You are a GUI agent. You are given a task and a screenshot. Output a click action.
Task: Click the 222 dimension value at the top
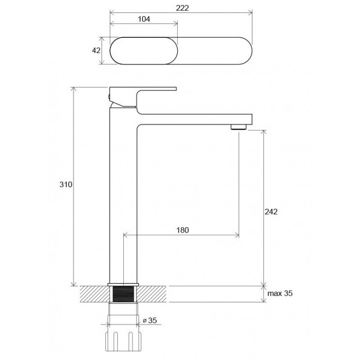click(x=182, y=8)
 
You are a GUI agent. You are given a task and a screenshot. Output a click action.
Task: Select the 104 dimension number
click(x=144, y=19)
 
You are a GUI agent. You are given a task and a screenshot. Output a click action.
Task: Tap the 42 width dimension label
click(x=96, y=50)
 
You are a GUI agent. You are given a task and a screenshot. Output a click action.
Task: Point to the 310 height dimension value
click(x=66, y=184)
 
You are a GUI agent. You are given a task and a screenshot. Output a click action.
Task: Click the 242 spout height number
click(x=271, y=211)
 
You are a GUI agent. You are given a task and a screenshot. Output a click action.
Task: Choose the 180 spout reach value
click(x=183, y=230)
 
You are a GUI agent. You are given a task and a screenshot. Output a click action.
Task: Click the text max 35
click(x=280, y=293)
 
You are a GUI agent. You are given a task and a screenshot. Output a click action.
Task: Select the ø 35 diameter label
click(x=150, y=320)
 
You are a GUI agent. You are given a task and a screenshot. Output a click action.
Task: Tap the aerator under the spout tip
click(x=238, y=127)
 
